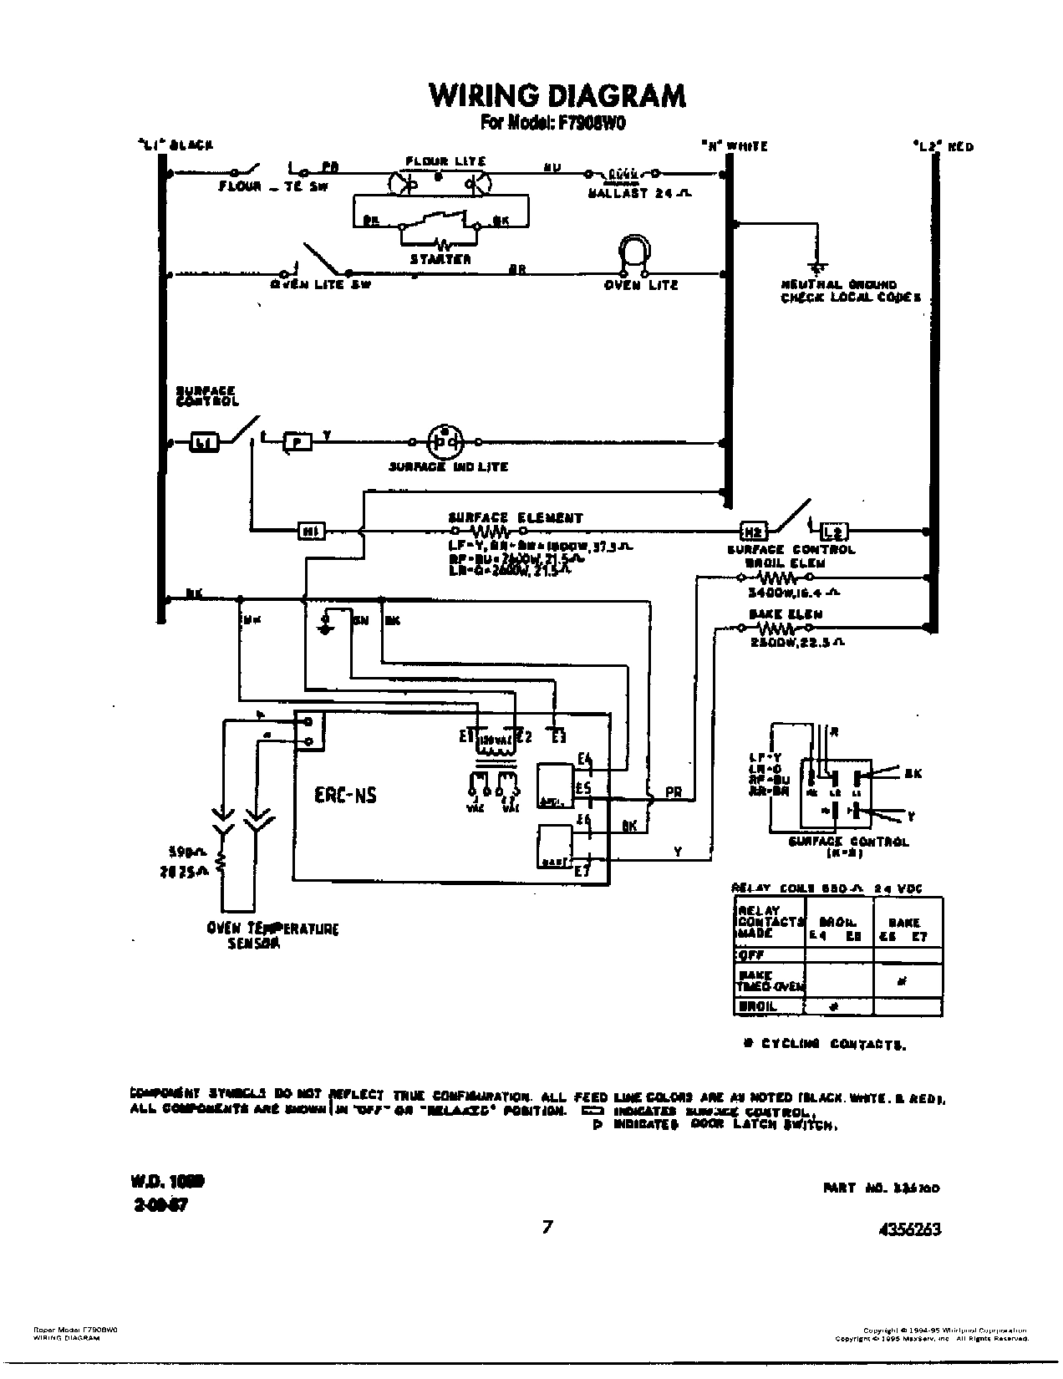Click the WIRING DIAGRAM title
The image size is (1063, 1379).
point(557,95)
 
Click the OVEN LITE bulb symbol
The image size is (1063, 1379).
point(634,254)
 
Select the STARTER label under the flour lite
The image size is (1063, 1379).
point(440,259)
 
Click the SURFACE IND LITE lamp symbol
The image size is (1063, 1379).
point(445,440)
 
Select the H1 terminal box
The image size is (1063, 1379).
point(311,530)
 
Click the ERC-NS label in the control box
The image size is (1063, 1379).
point(345,795)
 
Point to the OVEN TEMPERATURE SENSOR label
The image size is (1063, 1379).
point(272,936)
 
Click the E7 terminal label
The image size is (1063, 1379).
point(582,871)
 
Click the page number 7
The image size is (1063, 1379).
point(547,1227)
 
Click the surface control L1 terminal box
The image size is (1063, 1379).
point(203,442)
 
